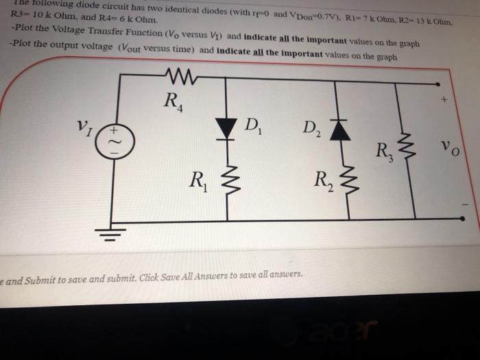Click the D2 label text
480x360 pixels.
click(310, 128)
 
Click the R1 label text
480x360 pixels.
click(200, 182)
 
